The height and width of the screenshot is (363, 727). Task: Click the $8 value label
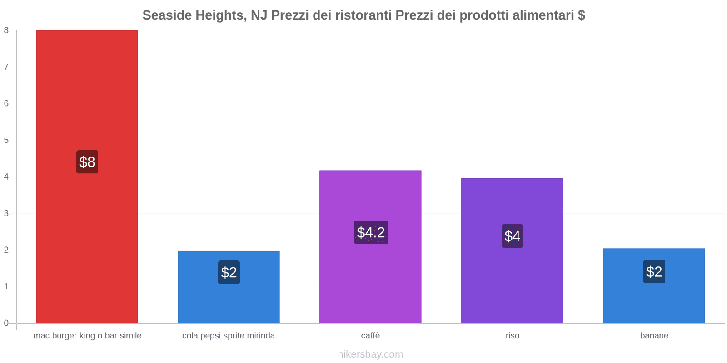pyautogui.click(x=87, y=162)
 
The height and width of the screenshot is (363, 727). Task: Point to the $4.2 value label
pyautogui.click(x=371, y=232)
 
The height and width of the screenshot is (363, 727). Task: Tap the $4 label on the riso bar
pyautogui.click(x=512, y=236)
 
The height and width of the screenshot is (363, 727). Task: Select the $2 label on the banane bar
pyautogui.click(x=654, y=272)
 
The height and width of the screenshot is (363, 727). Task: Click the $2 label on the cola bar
pyautogui.click(x=229, y=272)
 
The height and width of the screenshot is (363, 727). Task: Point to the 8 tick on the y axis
pyautogui.click(x=6, y=30)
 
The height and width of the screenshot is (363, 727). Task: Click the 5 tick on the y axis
pyautogui.click(x=6, y=140)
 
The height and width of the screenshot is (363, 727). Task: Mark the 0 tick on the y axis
pyautogui.click(x=6, y=323)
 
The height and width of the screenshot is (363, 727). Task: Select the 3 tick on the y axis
pyautogui.click(x=6, y=213)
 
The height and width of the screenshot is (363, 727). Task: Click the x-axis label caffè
pyautogui.click(x=370, y=336)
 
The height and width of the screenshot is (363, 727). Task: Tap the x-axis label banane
pyautogui.click(x=654, y=336)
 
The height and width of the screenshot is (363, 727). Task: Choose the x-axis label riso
pyautogui.click(x=512, y=336)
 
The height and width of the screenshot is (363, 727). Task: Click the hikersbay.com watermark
pyautogui.click(x=370, y=354)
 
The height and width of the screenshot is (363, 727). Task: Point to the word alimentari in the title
pyautogui.click(x=543, y=15)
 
